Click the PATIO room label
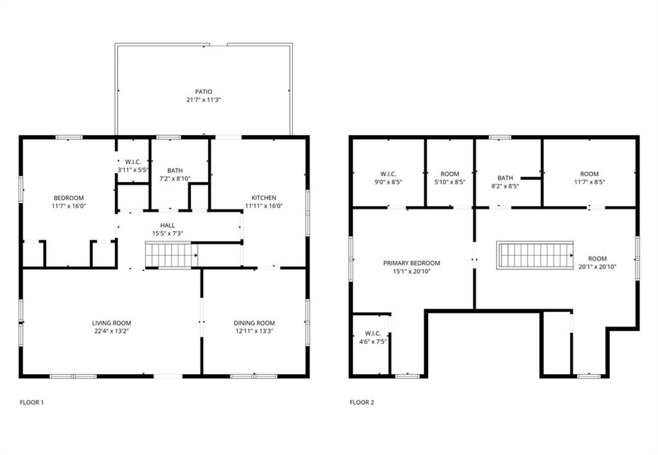pos(204,92)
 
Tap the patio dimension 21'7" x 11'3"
pos(204,100)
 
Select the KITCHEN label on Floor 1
pos(263,198)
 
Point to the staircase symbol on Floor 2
pos(535,255)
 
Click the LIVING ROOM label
pos(111,323)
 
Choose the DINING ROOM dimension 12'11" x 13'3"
pos(254,332)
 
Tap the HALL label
pos(168,226)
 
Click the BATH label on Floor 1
pos(175,171)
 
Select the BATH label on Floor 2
pos(505,178)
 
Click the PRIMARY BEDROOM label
pos(411,263)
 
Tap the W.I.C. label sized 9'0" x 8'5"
pos(388,174)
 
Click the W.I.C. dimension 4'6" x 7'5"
pos(373,342)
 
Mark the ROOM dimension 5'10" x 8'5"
pos(450,183)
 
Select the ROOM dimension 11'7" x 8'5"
pos(589,183)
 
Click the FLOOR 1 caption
pos(31,403)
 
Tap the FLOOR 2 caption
pos(362,403)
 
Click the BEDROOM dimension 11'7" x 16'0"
pos(68,206)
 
